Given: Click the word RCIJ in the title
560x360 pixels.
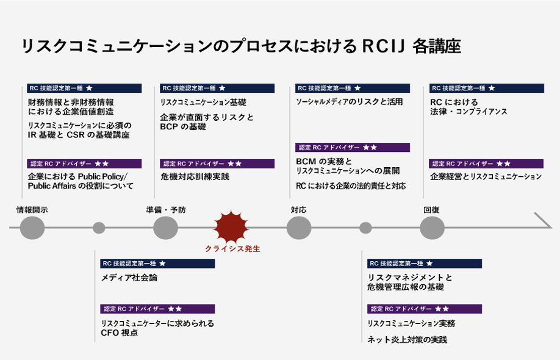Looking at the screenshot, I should click(x=384, y=46).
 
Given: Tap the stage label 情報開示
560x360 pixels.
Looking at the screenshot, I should click(x=32, y=210).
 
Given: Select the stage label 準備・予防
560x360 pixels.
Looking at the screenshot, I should click(x=166, y=210).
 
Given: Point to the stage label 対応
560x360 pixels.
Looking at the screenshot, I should click(x=298, y=210).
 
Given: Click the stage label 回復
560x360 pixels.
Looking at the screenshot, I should click(x=431, y=210).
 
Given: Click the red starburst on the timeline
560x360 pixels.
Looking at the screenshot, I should click(x=231, y=228).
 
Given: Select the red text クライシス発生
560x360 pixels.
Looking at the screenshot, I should click(x=232, y=249).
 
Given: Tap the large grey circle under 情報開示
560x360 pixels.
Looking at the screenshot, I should click(x=32, y=228).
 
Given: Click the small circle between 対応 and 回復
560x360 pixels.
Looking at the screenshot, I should click(x=365, y=228).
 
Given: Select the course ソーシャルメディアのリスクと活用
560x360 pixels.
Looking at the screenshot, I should click(x=349, y=102).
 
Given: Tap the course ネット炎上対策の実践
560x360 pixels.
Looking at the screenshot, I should click(x=407, y=339).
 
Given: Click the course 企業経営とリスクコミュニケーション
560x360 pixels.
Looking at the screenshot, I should click(x=486, y=177).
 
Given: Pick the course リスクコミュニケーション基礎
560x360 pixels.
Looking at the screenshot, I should click(x=203, y=103).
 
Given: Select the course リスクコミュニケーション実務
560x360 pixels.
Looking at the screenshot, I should click(x=411, y=323).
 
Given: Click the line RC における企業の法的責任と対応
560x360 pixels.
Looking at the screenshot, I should click(x=350, y=186).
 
